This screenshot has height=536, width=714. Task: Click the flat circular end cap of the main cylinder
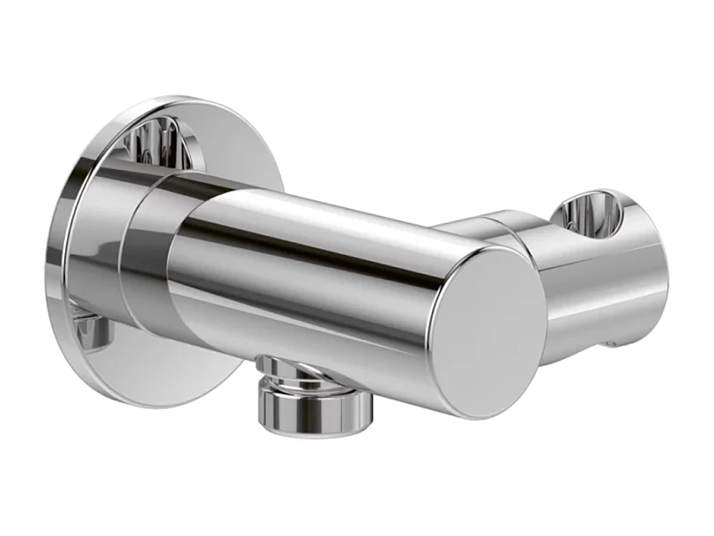[489, 331]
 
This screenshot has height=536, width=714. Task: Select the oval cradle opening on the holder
[588, 214]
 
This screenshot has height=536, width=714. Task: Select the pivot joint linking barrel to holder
[500, 228]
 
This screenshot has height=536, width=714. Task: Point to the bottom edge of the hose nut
[315, 426]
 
